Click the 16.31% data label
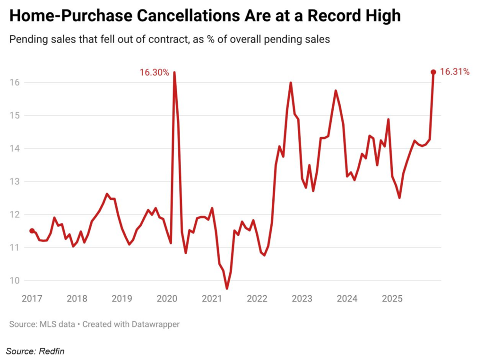point(454,72)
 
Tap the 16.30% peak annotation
point(154,72)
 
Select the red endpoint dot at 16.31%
point(433,72)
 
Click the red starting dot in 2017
point(32,231)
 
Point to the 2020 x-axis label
point(167,299)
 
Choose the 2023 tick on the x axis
point(302,299)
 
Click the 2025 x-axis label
point(392,299)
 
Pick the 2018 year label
point(77,299)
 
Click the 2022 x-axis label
point(258,299)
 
